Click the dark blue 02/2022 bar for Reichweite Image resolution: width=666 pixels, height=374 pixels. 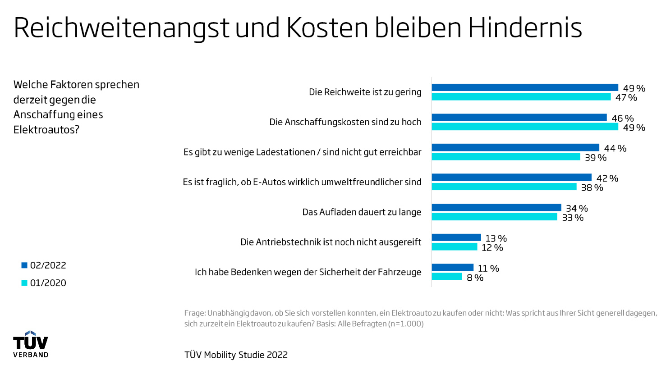point(525,87)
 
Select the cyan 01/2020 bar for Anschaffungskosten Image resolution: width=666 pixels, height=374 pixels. point(525,127)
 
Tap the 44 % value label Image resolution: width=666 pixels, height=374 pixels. point(615,148)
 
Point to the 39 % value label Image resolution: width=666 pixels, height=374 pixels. point(596,158)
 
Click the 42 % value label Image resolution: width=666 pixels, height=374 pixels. point(607,178)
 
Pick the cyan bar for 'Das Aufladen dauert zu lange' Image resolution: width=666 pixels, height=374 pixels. point(494,217)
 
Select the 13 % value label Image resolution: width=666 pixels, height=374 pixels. point(496,238)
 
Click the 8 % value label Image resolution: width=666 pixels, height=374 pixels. point(475,278)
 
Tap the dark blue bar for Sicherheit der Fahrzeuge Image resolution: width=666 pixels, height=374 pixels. point(452,268)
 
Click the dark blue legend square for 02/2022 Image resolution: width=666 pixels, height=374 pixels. point(24,265)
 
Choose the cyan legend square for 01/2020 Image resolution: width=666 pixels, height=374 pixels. point(24,283)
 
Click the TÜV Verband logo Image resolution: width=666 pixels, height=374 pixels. point(31,344)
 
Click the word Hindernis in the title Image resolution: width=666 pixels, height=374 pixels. point(525,28)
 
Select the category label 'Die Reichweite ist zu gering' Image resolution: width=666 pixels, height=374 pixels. point(365,92)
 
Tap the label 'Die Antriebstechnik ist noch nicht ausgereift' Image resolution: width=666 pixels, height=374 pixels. point(331,242)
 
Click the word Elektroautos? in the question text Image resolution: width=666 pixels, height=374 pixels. point(46,130)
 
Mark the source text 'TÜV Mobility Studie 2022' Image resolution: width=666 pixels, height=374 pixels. point(236,355)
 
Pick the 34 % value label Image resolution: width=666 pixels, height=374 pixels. point(577,208)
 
